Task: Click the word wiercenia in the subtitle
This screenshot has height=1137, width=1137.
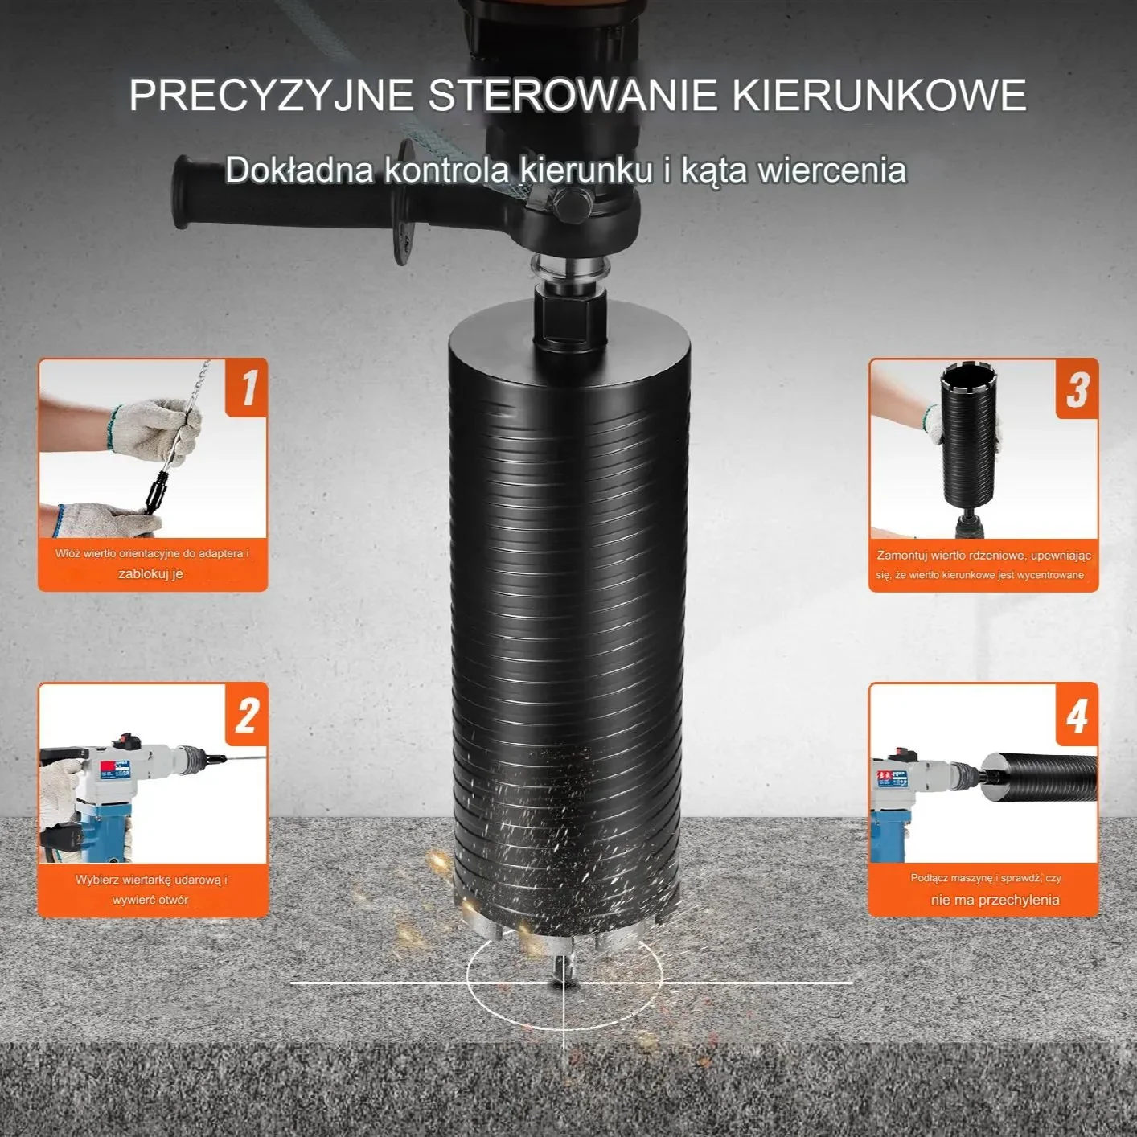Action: (832, 170)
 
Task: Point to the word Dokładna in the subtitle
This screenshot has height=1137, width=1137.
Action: (299, 170)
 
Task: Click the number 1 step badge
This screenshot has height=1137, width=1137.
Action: (247, 388)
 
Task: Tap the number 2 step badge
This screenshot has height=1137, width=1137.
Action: (247, 714)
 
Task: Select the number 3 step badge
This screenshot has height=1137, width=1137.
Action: (1077, 389)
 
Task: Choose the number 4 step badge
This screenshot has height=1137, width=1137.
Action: (1077, 715)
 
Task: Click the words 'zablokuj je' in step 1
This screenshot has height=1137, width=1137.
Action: (150, 573)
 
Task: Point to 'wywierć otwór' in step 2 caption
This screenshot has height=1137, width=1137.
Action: (150, 900)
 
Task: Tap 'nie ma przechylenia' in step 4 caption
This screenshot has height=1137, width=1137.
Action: (995, 900)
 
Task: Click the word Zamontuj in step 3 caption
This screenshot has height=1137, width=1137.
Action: (903, 555)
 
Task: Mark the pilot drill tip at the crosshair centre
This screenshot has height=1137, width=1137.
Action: (564, 983)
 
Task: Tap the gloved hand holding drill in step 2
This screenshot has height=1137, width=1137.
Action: (58, 785)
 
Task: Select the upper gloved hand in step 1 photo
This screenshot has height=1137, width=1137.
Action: (154, 428)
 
